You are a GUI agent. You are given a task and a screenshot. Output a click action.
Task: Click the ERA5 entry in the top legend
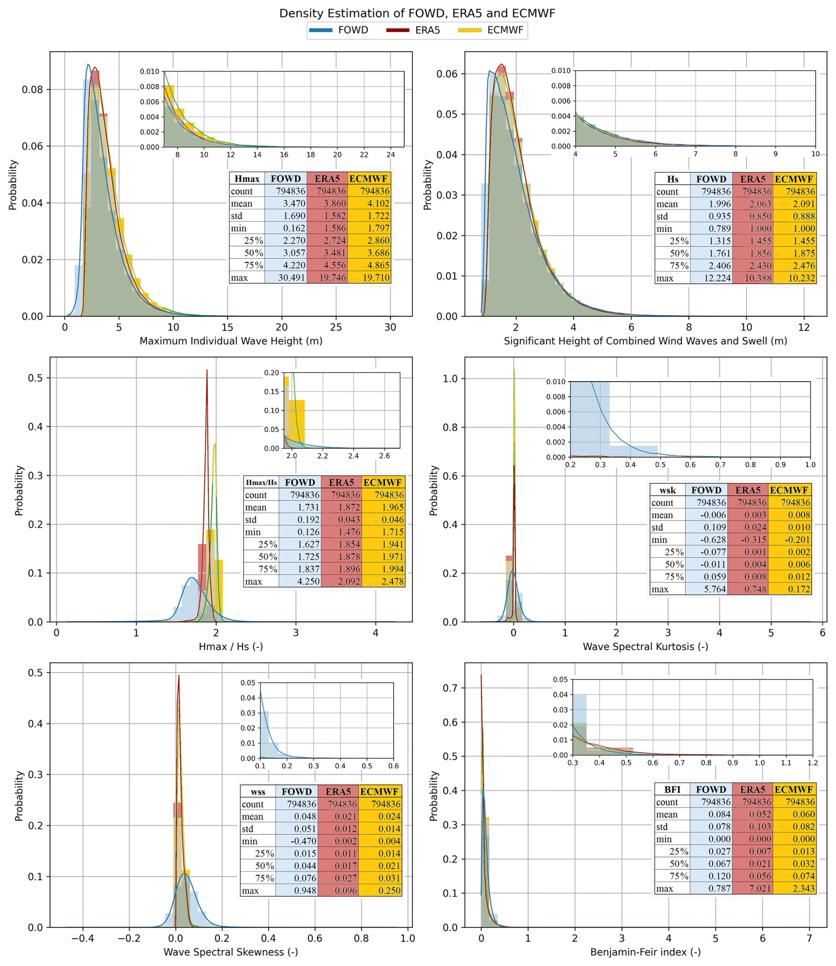pyautogui.click(x=427, y=30)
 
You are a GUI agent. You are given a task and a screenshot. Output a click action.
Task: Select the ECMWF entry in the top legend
pyautogui.click(x=505, y=30)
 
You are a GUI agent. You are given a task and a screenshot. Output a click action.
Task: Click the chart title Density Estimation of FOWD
pyautogui.click(x=417, y=13)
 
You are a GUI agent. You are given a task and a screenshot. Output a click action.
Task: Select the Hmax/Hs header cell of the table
pyautogui.click(x=261, y=482)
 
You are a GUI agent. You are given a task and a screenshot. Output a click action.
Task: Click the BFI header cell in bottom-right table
pyautogui.click(x=672, y=789)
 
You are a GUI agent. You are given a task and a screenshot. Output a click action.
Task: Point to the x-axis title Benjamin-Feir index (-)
pyautogui.click(x=645, y=952)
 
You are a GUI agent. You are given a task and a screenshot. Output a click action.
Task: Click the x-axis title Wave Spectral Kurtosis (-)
pyautogui.click(x=645, y=647)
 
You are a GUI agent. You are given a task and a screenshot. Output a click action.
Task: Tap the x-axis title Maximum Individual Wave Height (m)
pyautogui.click(x=231, y=341)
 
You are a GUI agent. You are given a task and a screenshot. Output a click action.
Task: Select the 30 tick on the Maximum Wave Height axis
pyautogui.click(x=390, y=327)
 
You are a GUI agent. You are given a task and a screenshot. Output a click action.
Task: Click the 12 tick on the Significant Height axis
pyautogui.click(x=804, y=327)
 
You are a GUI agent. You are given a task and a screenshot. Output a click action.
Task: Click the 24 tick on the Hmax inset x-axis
pyautogui.click(x=391, y=155)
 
